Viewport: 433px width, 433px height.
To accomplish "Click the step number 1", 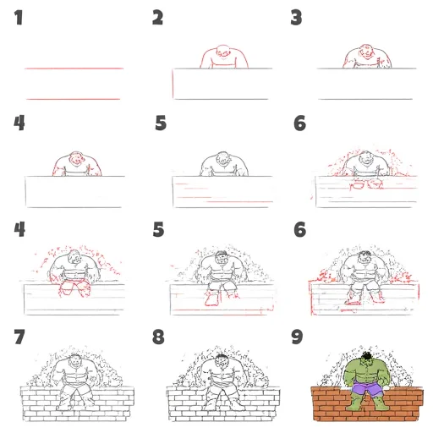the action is point(19,18).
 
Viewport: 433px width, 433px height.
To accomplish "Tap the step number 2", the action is point(157,18).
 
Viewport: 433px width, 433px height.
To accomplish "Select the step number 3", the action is point(296,18).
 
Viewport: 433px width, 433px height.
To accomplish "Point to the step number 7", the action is point(19,337).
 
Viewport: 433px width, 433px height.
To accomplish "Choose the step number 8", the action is point(158,337).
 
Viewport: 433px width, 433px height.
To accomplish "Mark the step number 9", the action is point(297,337).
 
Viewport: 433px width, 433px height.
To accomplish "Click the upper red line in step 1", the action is point(74,69).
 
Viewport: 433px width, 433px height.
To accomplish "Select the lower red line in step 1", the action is point(74,99).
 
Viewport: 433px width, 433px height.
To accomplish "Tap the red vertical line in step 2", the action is point(173,84).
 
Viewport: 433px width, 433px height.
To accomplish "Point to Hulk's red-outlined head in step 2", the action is point(223,52).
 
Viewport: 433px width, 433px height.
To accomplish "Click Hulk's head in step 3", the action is point(366,52).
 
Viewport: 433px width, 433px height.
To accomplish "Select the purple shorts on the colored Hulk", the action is point(367,387).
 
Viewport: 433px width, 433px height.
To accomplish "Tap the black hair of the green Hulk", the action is point(367,355).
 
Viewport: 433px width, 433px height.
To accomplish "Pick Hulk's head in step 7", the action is point(74,361).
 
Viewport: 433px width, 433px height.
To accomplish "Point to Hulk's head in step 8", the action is point(222,361).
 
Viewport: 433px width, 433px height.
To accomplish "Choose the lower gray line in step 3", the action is point(365,99).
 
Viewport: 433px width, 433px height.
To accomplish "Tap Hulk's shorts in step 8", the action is point(222,388).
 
